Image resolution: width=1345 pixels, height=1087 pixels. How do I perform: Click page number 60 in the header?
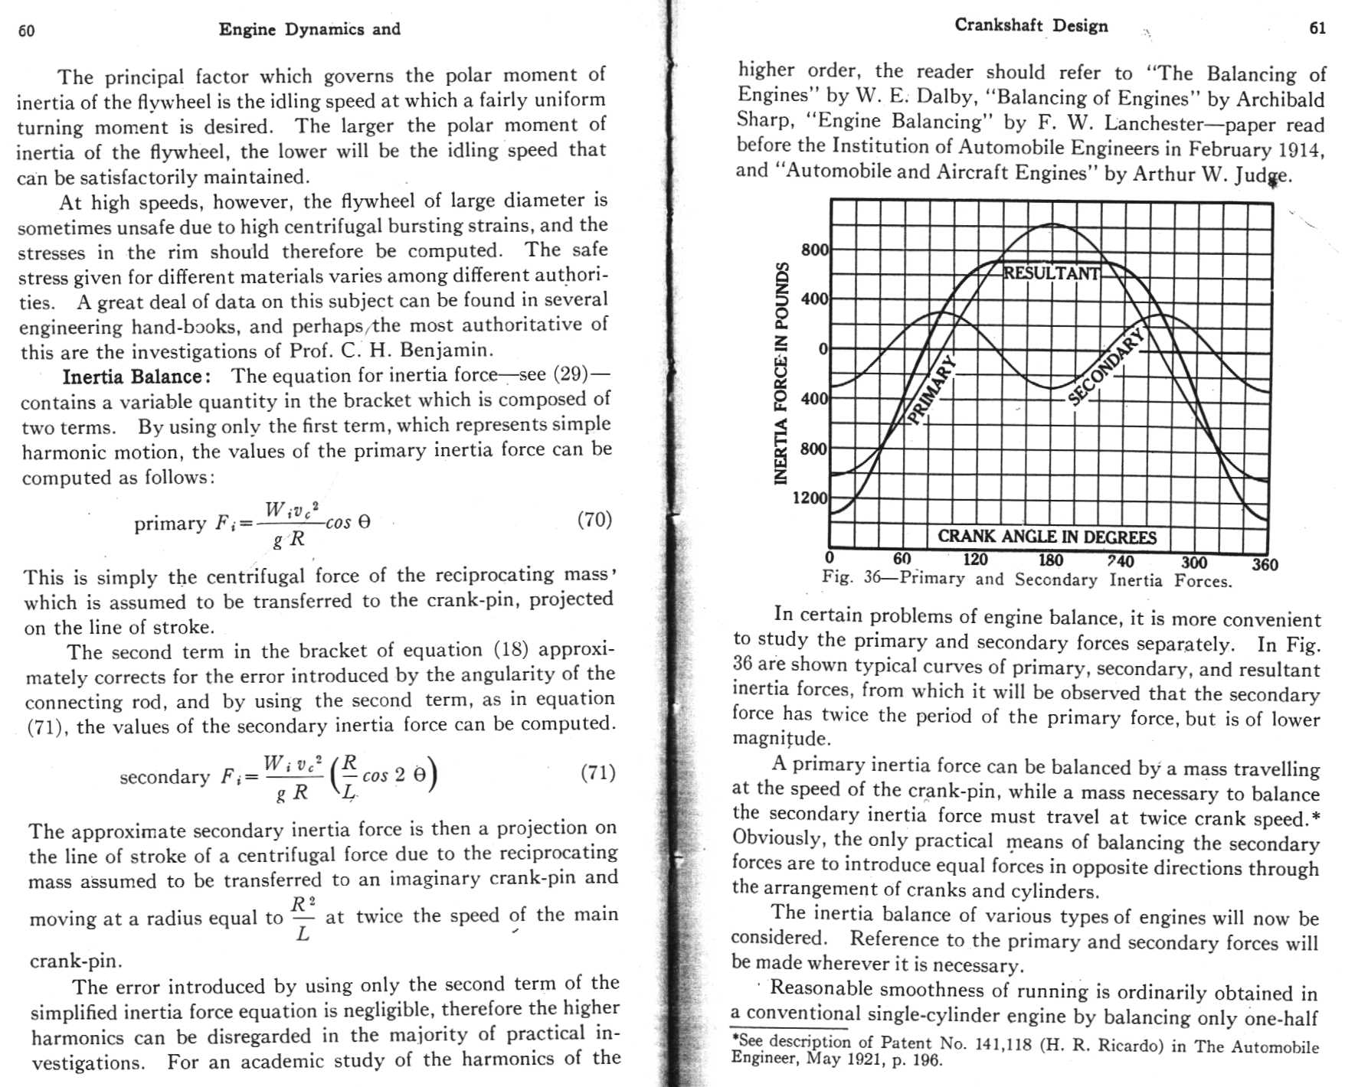click(x=26, y=31)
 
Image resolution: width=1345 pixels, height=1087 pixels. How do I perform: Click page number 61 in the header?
click(x=1317, y=28)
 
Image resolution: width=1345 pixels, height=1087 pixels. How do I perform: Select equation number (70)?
click(x=594, y=520)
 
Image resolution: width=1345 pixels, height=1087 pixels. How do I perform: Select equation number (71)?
click(x=597, y=772)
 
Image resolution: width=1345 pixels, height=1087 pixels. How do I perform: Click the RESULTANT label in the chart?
click(x=1051, y=273)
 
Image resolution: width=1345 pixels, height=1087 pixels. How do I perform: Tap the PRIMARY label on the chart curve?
click(x=931, y=390)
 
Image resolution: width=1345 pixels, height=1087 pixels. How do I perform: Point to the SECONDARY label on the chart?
click(x=1105, y=366)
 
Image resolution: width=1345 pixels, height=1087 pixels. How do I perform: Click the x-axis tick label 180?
click(x=1050, y=560)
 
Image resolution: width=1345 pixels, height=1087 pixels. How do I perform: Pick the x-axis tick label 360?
click(x=1265, y=565)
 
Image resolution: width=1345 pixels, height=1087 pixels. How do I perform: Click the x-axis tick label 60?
click(x=902, y=560)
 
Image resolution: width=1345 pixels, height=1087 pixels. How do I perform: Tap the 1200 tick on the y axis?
click(x=810, y=498)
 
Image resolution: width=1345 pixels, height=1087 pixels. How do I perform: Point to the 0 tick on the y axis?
click(x=823, y=349)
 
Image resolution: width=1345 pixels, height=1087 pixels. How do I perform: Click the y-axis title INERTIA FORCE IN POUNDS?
click(x=780, y=374)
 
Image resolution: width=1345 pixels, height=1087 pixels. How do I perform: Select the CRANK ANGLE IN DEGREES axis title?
click(x=1047, y=537)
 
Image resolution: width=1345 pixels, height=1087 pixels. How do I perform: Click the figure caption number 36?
click(x=872, y=577)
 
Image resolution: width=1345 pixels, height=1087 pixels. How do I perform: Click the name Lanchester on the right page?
click(x=1154, y=122)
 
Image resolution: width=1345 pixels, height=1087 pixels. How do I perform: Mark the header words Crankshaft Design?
click(x=1030, y=25)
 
